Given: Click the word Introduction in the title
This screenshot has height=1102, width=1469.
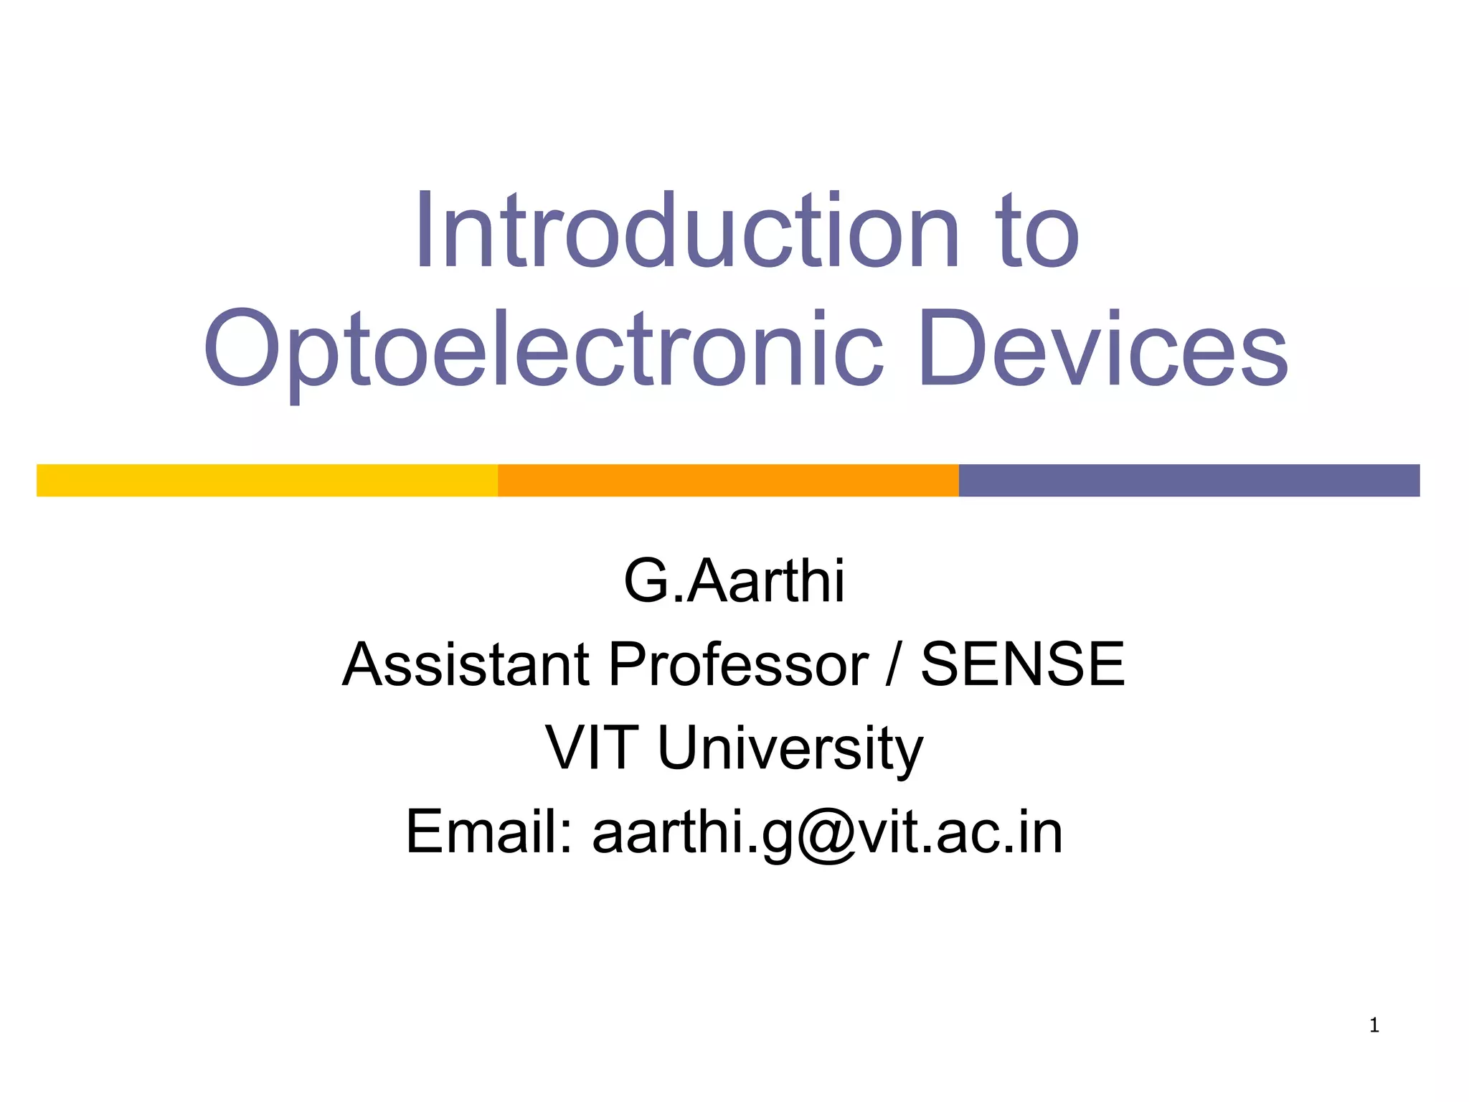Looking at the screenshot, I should point(687,232).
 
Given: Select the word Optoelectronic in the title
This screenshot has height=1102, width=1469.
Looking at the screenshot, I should point(544,350).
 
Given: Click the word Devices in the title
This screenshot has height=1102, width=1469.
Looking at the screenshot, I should point(1103,349).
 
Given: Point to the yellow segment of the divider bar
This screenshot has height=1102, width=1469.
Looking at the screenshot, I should point(267,481).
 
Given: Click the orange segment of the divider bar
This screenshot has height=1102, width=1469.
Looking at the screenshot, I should point(728,481).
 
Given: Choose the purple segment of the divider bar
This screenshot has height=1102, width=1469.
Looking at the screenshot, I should point(1189,481).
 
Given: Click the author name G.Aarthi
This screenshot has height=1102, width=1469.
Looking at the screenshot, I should point(734,581).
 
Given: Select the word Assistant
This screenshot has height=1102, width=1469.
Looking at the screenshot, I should point(466,664).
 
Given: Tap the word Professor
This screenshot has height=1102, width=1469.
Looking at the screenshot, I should point(738,664).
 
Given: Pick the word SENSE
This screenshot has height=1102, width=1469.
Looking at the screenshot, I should point(1022,664).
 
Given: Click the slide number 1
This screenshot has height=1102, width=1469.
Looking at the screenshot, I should point(1374,1026).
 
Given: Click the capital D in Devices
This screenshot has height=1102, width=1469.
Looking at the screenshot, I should point(950,349).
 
